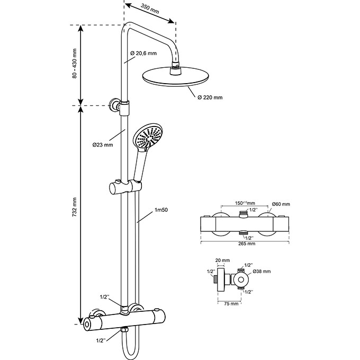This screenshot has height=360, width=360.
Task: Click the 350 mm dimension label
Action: (150, 8)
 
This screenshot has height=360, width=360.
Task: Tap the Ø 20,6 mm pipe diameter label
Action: (143, 53)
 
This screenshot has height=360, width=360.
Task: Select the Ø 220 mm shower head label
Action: (210, 97)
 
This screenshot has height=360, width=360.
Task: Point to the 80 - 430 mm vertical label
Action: (75, 64)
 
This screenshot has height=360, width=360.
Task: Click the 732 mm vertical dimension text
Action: (75, 207)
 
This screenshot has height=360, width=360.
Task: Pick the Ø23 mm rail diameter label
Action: (103, 145)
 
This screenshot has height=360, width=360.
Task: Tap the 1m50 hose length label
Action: (161, 210)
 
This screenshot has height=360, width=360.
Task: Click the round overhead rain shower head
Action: (176, 76)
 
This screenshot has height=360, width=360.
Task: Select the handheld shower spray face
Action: (148, 137)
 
